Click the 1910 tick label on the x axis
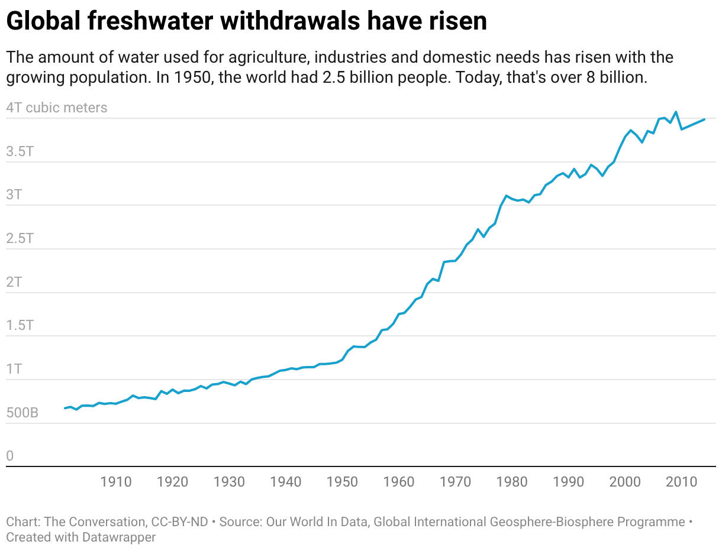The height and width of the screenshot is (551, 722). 116,482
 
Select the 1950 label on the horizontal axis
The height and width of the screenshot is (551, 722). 343,482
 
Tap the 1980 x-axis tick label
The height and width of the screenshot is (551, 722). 513,482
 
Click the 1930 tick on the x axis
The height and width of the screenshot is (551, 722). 230,482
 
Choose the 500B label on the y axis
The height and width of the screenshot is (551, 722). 22,413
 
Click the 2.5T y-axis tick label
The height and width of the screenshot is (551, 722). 20,238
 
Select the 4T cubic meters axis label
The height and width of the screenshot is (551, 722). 57,108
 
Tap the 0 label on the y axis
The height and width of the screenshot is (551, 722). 9,456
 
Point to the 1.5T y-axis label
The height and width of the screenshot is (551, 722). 20,325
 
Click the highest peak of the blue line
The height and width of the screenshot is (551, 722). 676,112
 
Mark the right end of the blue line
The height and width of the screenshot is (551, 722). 704,119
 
